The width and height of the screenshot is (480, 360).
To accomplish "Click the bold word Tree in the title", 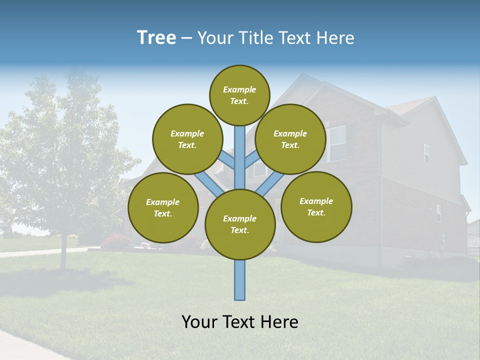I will coord(156,38).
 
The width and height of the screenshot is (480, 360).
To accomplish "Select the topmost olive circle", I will coord(239,95).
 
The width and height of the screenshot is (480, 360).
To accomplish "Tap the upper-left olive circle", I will coord(187,139).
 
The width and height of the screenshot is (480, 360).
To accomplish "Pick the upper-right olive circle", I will coord(290,139).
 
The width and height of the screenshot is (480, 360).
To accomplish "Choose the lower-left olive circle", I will coord(163,207).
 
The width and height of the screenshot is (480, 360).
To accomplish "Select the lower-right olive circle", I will coord(316,206).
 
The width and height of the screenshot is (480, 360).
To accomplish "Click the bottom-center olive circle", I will coord(240,224).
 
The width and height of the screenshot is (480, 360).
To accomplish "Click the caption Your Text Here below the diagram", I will coord(240,322).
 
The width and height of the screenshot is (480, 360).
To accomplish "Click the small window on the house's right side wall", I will coord(426,153).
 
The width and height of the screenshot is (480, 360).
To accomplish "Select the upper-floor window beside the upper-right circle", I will coord(336,143).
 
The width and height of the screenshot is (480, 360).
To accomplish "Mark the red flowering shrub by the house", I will coord(116,241).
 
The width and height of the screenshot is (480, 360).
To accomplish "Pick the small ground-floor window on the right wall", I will coord(438,213).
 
